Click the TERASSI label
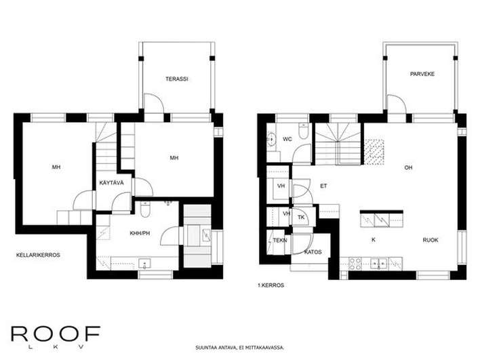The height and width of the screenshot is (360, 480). pos(177,79)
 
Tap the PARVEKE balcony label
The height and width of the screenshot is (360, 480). pos(422,74)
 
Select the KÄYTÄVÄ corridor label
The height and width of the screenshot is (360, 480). pos(111,183)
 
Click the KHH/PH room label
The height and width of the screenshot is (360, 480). pos(140,233)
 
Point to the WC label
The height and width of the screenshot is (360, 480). pos(287,139)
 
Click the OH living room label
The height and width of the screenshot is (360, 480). pos(408,167)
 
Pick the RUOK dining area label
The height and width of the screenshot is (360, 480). pos(431,240)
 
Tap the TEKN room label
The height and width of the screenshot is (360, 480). pos(280,241)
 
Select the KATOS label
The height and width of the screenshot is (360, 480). pos(313,252)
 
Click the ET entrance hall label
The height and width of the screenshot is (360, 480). pos(323,186)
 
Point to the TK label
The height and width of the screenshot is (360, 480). pos(301,218)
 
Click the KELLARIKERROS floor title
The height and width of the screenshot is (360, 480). pos(38,255)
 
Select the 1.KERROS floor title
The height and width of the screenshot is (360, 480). pos(271,285)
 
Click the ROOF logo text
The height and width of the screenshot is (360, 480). pos(56,334)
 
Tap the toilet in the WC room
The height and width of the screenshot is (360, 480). pos(303,132)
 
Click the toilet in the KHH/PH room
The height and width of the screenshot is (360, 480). pos(145,209)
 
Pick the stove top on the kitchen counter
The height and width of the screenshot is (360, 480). pos(355,264)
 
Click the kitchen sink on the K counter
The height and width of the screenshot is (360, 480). pos(379,263)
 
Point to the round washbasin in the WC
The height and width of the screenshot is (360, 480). pos(271,139)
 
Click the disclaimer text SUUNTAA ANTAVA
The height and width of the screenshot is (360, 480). pos(216,348)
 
